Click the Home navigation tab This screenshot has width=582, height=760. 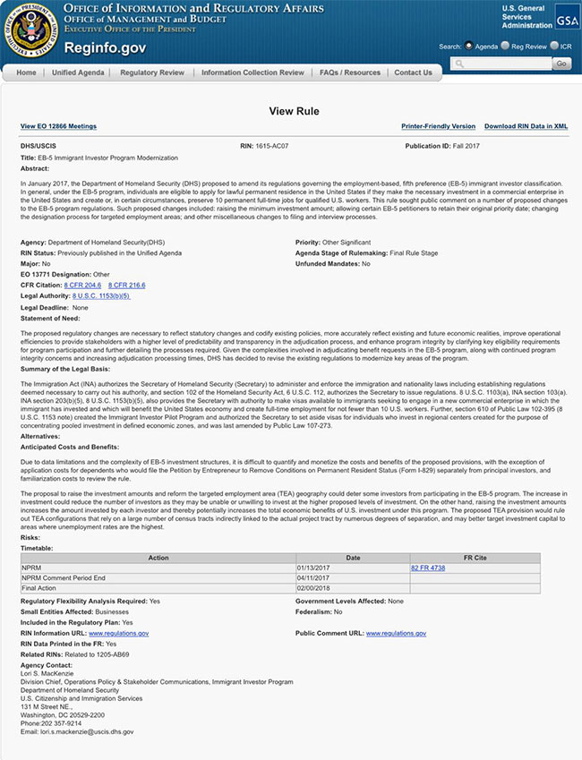tap(26, 73)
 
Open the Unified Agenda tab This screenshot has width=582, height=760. tap(78, 73)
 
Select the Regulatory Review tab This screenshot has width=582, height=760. tap(152, 73)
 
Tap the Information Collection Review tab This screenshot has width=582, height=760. tap(252, 73)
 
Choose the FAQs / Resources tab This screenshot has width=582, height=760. tap(350, 73)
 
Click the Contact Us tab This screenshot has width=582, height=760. tap(413, 73)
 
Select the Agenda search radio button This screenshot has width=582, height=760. tap(468, 46)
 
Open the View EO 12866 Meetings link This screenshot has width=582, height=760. tap(58, 127)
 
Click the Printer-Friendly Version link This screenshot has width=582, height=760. tap(438, 127)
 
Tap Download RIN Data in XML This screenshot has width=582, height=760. tap(526, 127)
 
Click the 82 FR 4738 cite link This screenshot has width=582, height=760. tap(427, 568)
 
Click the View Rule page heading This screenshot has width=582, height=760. tap(291, 111)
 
